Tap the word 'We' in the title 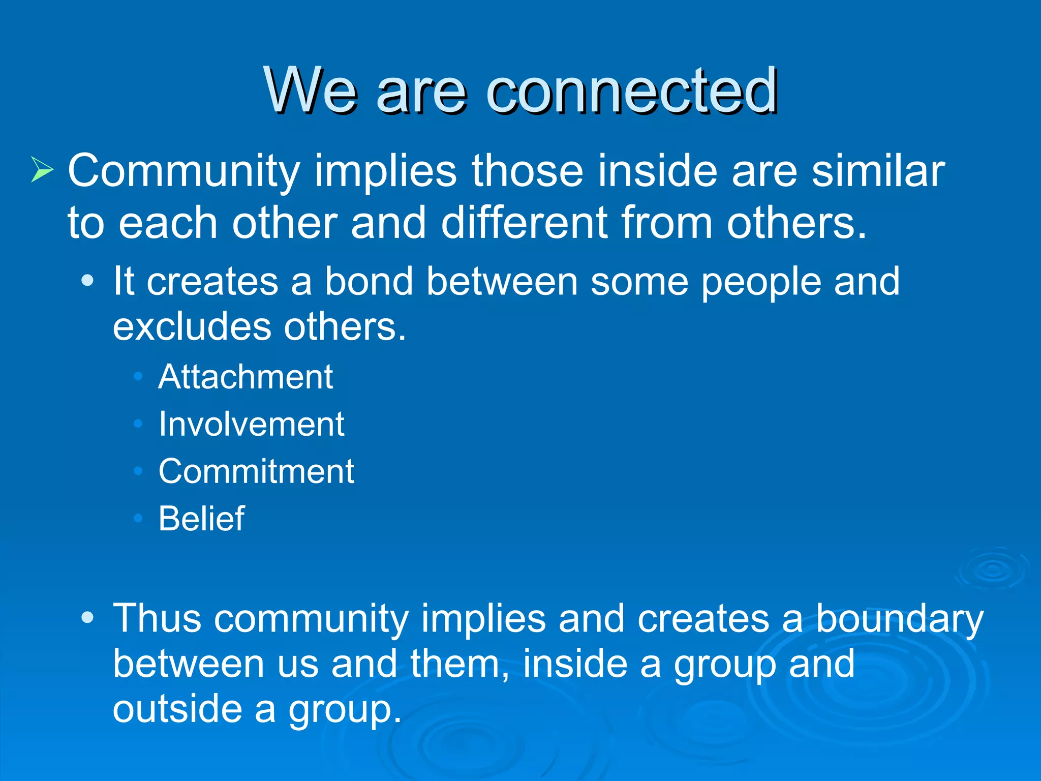310,92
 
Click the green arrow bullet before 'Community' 42,169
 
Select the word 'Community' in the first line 183,172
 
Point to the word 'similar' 878,171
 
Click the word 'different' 524,223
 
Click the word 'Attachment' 246,377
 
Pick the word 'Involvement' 251,424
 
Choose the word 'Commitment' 256,471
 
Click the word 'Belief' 201,519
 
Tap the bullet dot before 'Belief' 138,519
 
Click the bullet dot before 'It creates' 87,281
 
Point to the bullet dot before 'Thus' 87,618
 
